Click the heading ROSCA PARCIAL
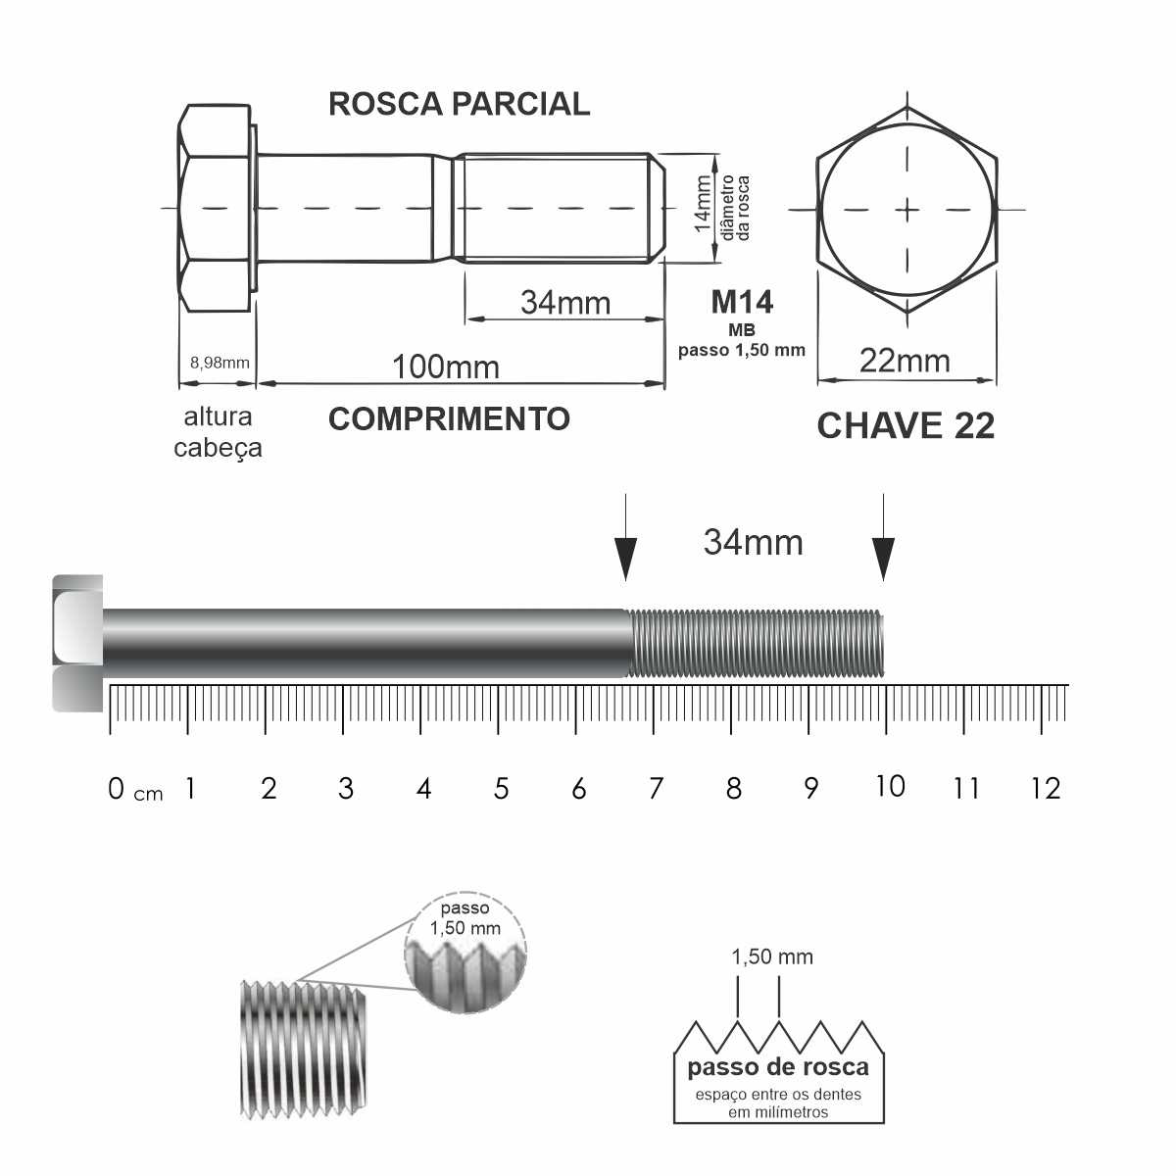(459, 104)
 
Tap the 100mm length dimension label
(446, 367)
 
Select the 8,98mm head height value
(220, 363)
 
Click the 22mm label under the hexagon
(905, 361)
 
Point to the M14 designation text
(742, 302)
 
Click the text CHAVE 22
(906, 425)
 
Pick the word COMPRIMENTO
(449, 419)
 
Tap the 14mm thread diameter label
(703, 204)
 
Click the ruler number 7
(656, 788)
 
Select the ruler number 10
(891, 786)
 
